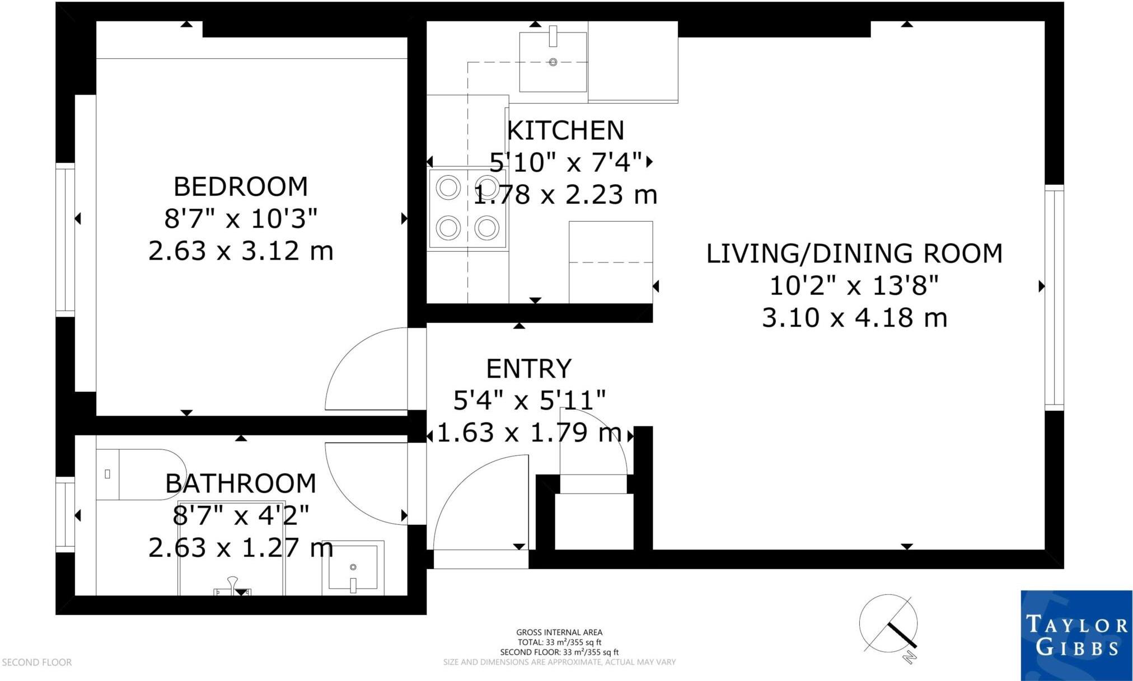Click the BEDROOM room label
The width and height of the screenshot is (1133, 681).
(241, 186)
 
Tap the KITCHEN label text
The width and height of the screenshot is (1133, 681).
(565, 130)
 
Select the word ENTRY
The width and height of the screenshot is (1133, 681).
(529, 369)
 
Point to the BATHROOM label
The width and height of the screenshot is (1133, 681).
(241, 483)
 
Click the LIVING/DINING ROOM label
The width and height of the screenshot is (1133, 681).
(854, 253)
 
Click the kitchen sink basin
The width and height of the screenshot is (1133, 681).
(553, 62)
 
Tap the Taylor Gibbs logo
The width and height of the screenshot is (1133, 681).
(1076, 635)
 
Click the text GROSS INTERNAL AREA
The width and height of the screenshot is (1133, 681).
(559, 632)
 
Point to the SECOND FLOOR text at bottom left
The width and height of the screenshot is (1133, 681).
(37, 663)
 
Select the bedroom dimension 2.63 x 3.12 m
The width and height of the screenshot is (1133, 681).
(241, 251)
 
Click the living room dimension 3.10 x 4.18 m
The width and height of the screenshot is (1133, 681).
(854, 318)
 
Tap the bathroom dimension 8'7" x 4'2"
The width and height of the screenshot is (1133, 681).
(241, 515)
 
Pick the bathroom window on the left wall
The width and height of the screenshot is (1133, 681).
(65, 515)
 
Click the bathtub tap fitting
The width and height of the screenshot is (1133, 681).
(232, 588)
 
